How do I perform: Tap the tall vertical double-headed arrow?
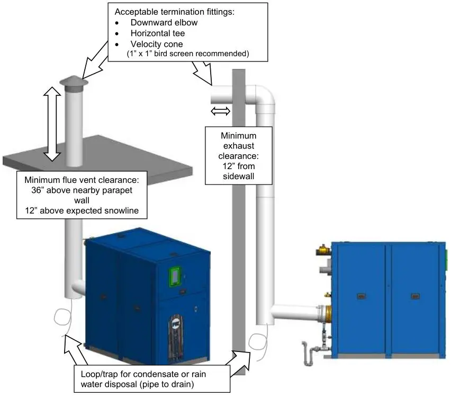[51, 124]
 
